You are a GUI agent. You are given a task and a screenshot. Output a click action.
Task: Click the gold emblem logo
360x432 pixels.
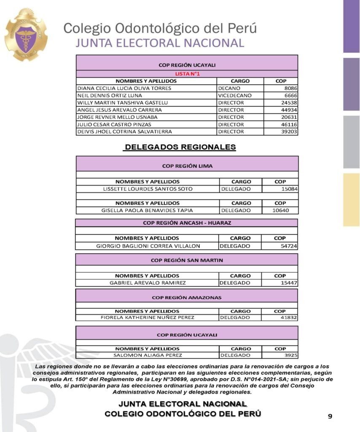(26, 34)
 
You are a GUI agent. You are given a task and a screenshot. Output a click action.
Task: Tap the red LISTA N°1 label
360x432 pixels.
(187, 74)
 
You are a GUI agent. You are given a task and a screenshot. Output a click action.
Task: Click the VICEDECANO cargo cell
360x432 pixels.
(235, 95)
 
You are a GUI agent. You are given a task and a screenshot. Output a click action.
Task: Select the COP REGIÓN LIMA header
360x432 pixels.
(187, 166)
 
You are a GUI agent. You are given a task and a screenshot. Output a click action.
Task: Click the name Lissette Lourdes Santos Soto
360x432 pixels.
(148, 189)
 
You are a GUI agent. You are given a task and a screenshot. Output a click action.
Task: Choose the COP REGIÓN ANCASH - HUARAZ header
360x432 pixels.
(187, 223)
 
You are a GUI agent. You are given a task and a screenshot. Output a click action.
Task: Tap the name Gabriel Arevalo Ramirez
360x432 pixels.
(148, 283)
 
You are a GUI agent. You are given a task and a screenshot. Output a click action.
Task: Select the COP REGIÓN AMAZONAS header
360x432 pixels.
(187, 297)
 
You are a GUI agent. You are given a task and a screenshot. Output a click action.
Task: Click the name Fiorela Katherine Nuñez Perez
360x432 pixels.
(148, 318)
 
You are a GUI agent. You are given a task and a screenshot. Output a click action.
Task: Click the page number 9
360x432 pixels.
(330, 416)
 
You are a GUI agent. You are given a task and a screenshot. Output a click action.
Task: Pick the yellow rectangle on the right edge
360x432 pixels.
(351, 200)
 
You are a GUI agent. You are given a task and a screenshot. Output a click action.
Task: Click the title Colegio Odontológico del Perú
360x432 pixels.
(160, 28)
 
